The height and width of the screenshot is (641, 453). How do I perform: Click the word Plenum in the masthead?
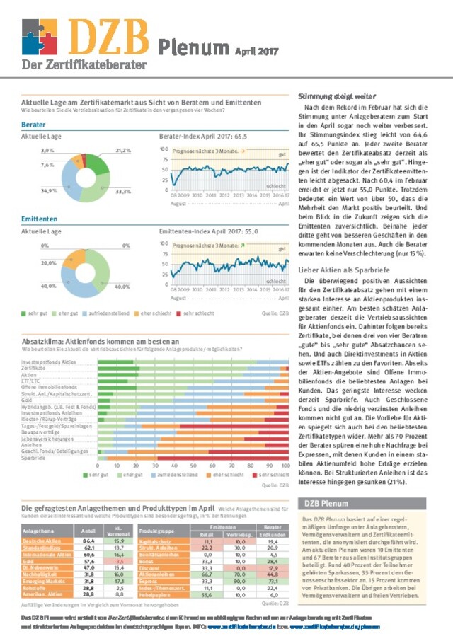point(190,47)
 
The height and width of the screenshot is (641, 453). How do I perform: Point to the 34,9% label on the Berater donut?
point(49,191)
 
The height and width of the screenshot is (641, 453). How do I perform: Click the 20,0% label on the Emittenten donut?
point(49,263)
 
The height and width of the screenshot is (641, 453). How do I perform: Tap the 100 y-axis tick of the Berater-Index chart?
point(164,149)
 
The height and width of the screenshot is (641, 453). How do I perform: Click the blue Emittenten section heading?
point(38,219)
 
